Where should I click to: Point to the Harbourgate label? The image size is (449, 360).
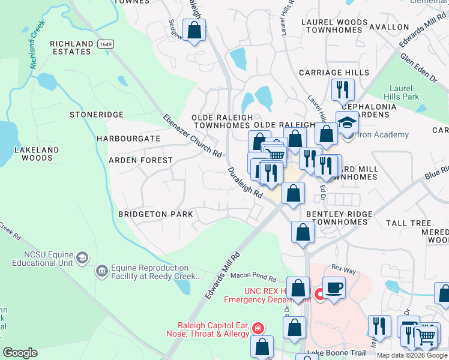click(128, 139)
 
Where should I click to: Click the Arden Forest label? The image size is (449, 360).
click(140, 161)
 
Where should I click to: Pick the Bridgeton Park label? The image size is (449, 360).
click(155, 214)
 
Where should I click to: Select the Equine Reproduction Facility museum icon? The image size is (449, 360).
click(101, 272)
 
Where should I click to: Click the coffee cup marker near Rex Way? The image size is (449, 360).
click(334, 287)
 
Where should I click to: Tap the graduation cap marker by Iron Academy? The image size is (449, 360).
click(346, 122)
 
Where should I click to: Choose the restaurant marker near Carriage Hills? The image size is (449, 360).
click(343, 89)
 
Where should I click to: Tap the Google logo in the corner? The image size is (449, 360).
click(20, 353)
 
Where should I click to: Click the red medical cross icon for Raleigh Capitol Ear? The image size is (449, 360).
click(258, 328)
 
